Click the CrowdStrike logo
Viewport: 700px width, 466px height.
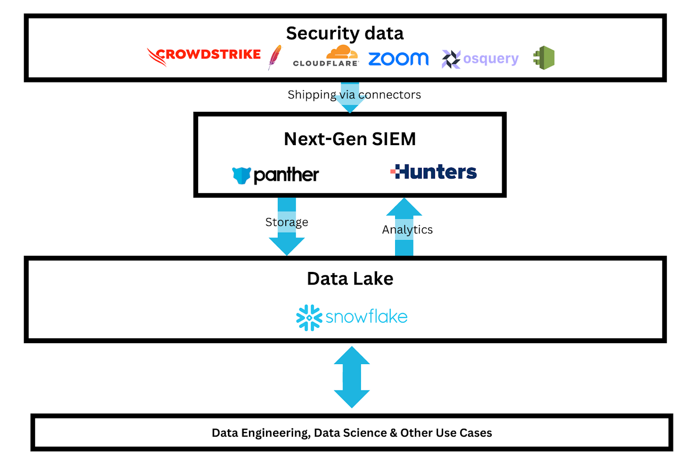click(x=204, y=56)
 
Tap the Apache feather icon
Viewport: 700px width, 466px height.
click(x=275, y=57)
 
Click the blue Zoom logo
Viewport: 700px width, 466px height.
click(x=398, y=59)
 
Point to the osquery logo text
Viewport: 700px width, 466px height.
click(x=490, y=59)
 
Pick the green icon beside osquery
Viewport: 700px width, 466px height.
click(x=544, y=58)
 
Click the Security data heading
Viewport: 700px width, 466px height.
click(x=345, y=33)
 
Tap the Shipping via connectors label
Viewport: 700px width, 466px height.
click(x=354, y=95)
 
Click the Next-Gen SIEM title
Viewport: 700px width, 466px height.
click(x=350, y=139)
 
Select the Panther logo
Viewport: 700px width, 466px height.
click(x=276, y=175)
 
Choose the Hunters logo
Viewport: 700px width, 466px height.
click(x=434, y=172)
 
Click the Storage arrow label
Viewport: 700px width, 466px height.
click(x=287, y=222)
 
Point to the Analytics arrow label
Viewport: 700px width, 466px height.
click(x=407, y=230)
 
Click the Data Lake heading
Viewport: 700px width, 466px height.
click(x=350, y=278)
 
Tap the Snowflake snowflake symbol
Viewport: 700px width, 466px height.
click(x=309, y=317)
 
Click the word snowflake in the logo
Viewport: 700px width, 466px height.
click(x=366, y=317)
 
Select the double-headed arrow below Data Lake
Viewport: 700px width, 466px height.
click(x=352, y=377)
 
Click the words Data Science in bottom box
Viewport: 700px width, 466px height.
click(x=350, y=433)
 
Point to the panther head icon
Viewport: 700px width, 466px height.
click(x=241, y=175)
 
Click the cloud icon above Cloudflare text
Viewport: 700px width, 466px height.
click(x=342, y=52)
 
